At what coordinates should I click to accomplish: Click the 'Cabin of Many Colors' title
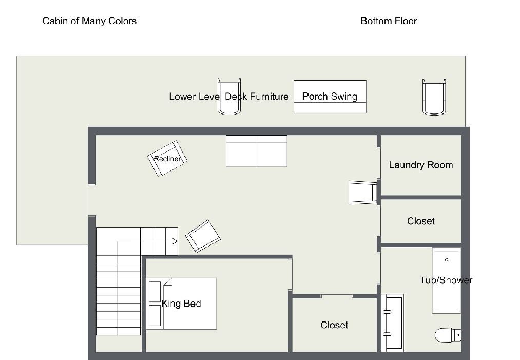(x=89, y=21)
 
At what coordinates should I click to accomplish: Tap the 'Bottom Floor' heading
(x=389, y=21)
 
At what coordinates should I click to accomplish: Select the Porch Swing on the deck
(x=330, y=97)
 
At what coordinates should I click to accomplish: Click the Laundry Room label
(x=421, y=165)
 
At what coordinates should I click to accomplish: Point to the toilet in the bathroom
(x=448, y=335)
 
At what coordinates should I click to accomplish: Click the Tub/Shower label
(x=446, y=280)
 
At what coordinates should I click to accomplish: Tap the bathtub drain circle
(x=447, y=260)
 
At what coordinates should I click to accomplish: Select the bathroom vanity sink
(x=392, y=323)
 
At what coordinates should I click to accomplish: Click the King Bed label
(x=181, y=304)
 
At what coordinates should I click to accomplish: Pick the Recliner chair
(x=167, y=159)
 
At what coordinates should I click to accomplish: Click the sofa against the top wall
(x=257, y=151)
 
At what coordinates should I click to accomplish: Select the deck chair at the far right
(x=434, y=97)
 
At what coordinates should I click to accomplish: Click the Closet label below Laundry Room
(x=421, y=221)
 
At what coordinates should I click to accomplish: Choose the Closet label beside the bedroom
(x=334, y=325)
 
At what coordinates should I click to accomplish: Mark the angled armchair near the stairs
(x=203, y=236)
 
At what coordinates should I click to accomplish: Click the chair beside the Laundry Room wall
(x=363, y=193)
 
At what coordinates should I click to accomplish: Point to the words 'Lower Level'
(x=196, y=97)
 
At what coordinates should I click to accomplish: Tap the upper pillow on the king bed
(x=155, y=292)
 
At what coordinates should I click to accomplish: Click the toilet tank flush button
(x=458, y=335)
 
